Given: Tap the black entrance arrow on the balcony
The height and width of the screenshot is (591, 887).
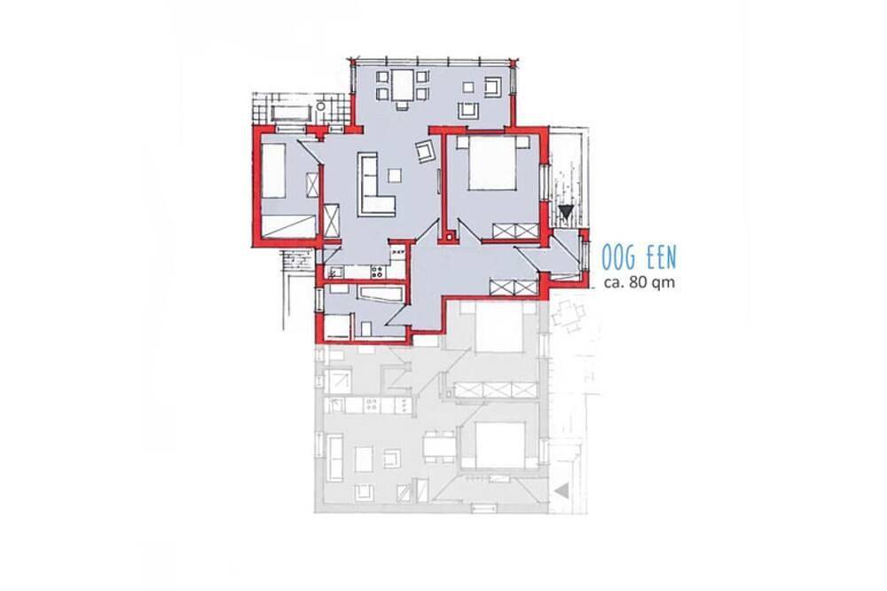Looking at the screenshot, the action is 566,212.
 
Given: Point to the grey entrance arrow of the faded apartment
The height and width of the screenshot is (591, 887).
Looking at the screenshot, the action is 561,491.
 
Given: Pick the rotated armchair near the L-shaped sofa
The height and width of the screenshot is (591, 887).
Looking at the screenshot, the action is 425,150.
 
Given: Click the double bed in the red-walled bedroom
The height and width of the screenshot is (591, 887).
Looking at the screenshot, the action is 491,163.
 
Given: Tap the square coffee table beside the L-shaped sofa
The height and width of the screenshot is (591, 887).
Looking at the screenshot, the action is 395,176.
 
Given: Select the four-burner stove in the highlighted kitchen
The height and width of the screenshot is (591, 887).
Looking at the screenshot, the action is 377,272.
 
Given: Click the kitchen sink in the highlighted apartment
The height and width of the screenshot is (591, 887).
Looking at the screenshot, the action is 333,272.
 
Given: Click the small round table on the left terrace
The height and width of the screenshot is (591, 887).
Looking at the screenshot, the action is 321,106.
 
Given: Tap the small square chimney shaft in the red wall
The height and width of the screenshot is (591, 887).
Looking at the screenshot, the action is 449,238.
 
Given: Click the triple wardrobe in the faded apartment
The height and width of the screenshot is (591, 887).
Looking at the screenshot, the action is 496,390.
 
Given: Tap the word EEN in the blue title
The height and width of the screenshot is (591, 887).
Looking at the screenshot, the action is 663,258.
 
